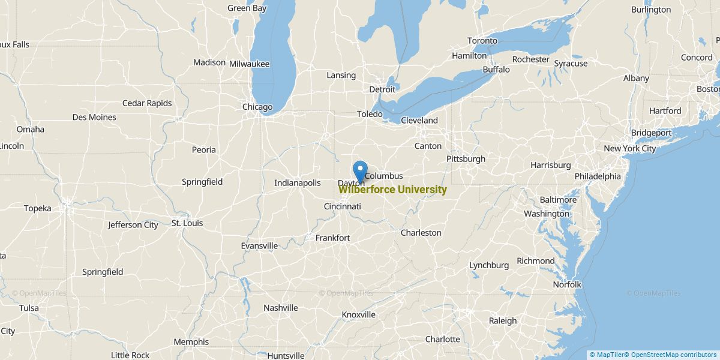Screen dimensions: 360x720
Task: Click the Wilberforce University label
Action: click(x=393, y=190)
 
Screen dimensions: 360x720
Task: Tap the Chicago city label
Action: click(x=257, y=107)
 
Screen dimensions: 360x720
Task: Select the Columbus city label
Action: click(x=383, y=176)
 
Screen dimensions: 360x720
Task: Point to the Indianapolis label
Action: click(x=298, y=183)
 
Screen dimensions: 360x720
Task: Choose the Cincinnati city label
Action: click(x=342, y=206)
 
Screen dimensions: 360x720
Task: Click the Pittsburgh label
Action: click(x=466, y=159)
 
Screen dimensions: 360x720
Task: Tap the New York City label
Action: click(x=629, y=148)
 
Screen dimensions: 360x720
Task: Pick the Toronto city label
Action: click(x=482, y=41)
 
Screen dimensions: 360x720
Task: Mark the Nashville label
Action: click(x=280, y=308)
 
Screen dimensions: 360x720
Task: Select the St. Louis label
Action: click(x=187, y=223)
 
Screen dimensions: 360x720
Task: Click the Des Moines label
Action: click(x=94, y=117)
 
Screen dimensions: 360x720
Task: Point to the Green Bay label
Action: click(x=247, y=8)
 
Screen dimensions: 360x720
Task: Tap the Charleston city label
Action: click(x=421, y=233)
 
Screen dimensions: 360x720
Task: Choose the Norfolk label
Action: click(x=566, y=284)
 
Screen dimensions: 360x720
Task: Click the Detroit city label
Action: click(x=382, y=89)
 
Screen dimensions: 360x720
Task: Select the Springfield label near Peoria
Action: click(x=202, y=182)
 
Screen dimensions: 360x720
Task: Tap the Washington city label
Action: click(x=546, y=214)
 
